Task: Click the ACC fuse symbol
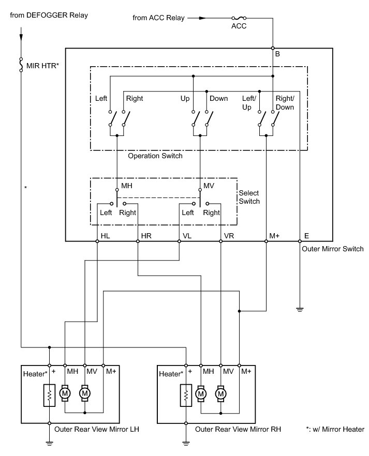[239, 18]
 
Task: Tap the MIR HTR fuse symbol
[21, 65]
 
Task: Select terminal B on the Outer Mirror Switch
[273, 48]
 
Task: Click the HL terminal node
[97, 241]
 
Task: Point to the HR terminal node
[138, 241]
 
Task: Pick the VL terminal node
[179, 241]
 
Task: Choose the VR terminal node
[220, 241]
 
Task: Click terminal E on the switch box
[300, 241]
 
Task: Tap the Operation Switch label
[155, 156]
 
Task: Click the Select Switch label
[249, 197]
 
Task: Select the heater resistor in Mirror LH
[50, 395]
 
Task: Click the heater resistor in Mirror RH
[186, 395]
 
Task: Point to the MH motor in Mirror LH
[65, 393]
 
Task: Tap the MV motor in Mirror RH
[220, 394]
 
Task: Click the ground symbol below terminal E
[300, 309]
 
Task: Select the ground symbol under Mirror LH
[50, 444]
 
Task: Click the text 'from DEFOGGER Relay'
[49, 15]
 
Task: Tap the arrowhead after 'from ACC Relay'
[202, 18]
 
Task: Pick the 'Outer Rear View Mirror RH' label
[238, 429]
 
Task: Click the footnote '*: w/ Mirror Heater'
[335, 429]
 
